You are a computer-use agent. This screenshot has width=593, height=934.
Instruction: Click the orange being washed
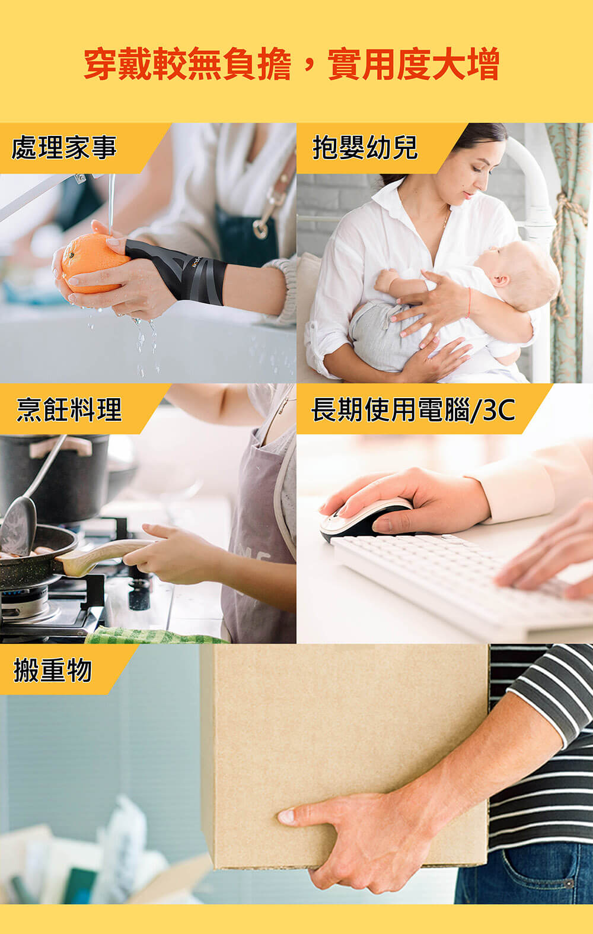(x=93, y=263)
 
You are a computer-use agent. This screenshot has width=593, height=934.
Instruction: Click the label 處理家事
(x=64, y=148)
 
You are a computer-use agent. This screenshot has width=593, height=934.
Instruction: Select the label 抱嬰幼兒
(x=365, y=148)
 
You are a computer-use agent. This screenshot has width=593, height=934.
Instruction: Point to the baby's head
(x=521, y=273)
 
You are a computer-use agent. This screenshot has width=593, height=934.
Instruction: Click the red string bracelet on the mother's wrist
(x=469, y=302)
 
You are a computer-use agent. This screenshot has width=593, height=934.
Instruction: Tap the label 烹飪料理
(x=69, y=409)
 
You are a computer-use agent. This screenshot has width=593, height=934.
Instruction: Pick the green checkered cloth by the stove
(x=154, y=634)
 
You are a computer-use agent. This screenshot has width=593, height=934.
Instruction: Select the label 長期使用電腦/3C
(x=413, y=409)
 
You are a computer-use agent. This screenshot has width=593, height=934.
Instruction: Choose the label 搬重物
(x=53, y=670)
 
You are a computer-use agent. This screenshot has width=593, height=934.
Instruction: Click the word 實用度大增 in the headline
(x=413, y=65)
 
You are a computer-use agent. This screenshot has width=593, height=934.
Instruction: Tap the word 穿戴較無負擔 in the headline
(x=187, y=65)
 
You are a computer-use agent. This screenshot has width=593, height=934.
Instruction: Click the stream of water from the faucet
(x=111, y=204)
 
